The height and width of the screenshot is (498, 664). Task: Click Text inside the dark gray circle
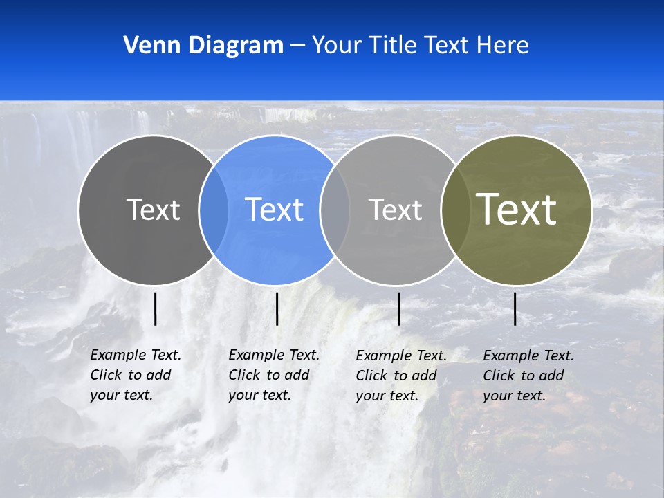[153, 210]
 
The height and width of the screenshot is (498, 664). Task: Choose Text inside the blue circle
[275, 210]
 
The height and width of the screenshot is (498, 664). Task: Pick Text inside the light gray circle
[395, 210]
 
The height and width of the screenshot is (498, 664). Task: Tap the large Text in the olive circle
[517, 209]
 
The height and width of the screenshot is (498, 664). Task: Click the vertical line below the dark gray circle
[155, 308]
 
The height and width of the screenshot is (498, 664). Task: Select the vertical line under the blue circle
[277, 308]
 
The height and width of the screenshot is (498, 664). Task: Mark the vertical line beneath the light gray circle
[398, 308]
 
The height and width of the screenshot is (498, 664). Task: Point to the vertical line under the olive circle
[515, 308]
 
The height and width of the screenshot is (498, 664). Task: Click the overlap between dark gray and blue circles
[214, 210]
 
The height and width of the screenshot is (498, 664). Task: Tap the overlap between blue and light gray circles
[335, 210]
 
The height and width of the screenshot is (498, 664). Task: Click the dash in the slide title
[297, 46]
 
